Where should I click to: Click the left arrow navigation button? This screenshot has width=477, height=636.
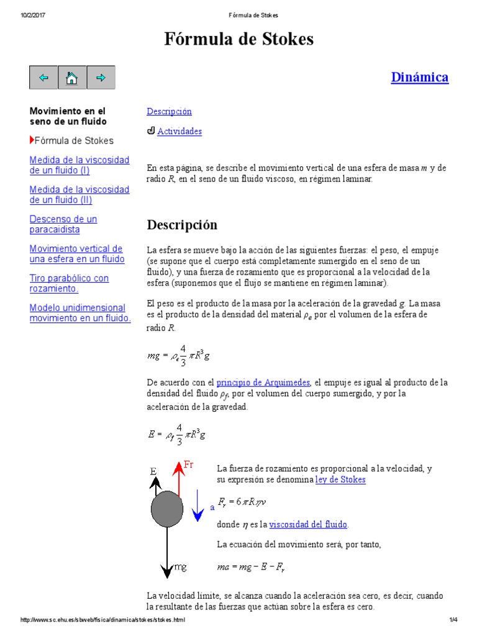(x=43, y=78)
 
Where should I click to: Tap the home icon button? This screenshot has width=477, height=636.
(x=72, y=78)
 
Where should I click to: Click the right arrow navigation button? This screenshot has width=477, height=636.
(x=101, y=78)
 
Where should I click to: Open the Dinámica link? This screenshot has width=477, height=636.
(x=419, y=77)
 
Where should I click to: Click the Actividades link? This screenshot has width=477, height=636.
(x=179, y=132)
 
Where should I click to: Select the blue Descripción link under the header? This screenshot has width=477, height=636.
(x=169, y=112)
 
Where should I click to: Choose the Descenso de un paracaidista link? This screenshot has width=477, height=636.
(x=63, y=224)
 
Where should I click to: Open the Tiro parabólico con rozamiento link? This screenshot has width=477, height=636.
(x=69, y=283)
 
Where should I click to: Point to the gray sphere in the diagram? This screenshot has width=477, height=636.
(x=167, y=509)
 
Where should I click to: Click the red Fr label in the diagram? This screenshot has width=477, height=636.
(x=189, y=465)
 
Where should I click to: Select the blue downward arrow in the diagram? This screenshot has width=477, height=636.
(x=198, y=505)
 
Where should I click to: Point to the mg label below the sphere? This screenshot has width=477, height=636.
(x=179, y=567)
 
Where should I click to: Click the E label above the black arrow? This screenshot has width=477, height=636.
(x=153, y=472)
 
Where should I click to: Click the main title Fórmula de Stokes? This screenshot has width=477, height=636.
(x=238, y=40)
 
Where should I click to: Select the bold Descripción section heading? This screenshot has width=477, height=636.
(x=182, y=224)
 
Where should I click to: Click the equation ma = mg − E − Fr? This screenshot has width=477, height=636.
(x=251, y=567)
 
